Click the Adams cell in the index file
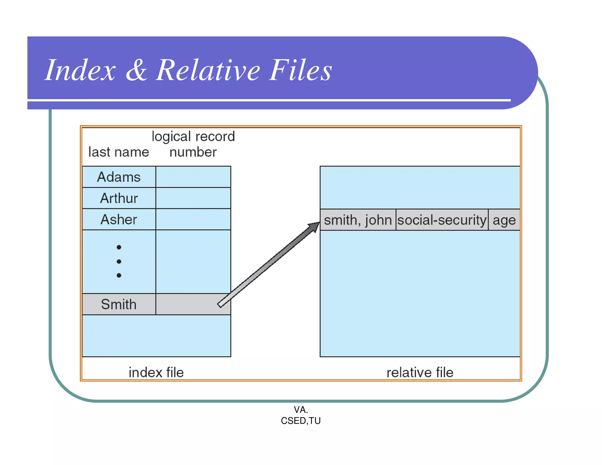[x=119, y=177]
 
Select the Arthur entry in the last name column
[x=119, y=198]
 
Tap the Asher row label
[x=119, y=220]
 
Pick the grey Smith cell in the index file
[x=119, y=304]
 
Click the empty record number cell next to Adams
[x=193, y=177]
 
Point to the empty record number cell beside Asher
[x=193, y=220]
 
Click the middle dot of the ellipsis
[x=119, y=261]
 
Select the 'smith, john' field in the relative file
[x=358, y=220]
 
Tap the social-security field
[x=442, y=220]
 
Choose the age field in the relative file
[x=504, y=220]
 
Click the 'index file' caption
[x=156, y=372]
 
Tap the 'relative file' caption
[x=420, y=372]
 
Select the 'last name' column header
[x=119, y=152]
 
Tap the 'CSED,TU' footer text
[x=301, y=421]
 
